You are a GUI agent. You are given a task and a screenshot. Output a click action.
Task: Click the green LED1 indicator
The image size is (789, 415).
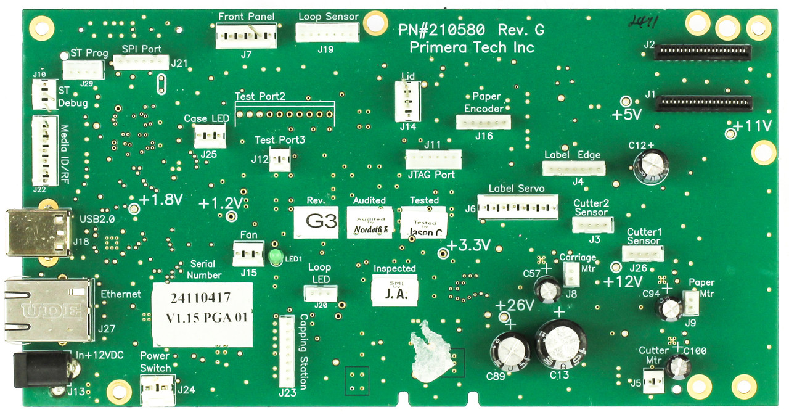point(276,257)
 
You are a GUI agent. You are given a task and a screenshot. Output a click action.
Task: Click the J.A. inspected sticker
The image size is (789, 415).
point(394,290)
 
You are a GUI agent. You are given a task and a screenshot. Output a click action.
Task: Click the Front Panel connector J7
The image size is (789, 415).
point(245,36)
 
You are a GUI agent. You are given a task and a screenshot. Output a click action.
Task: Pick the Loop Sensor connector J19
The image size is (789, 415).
point(327,33)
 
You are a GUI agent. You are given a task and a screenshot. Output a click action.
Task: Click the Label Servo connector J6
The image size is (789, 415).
point(518,207)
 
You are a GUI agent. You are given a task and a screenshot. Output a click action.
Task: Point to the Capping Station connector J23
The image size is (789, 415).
point(287,350)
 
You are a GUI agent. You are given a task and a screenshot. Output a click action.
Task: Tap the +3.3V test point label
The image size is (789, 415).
point(468,245)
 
